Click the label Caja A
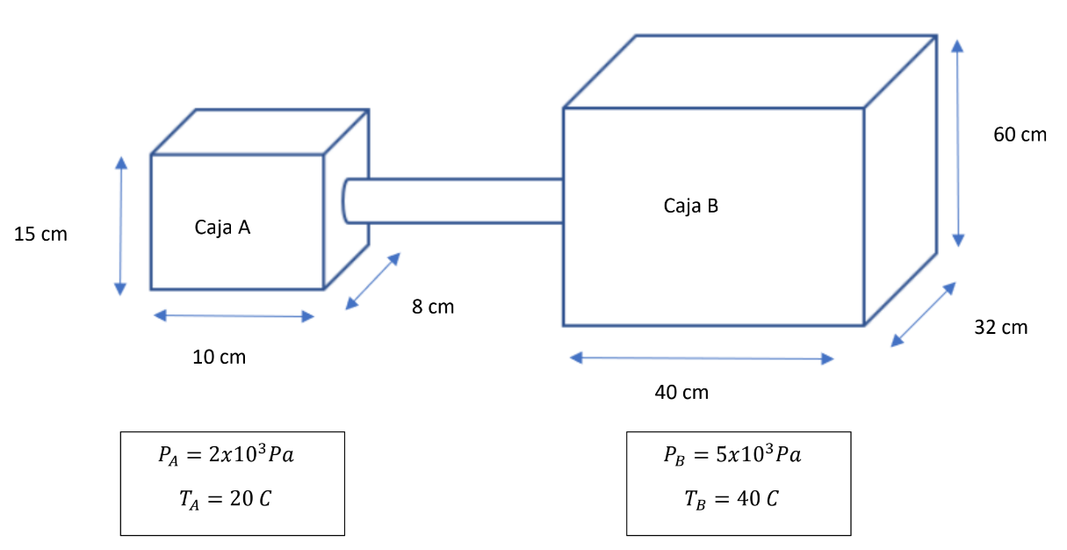pos(222,228)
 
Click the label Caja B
pos(691,206)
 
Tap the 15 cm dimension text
pos(40,235)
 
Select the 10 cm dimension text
pos(220,357)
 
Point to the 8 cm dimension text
pos(433,307)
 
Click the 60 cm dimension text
pos(1020,134)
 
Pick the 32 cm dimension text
pos(1000,328)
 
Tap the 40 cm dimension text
pos(681,392)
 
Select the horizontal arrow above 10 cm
pos(234,316)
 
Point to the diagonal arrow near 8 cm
pos(372,281)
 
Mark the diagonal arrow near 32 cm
pos(923,315)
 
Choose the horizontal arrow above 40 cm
pos(702,358)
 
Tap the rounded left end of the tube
pos(348,201)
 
